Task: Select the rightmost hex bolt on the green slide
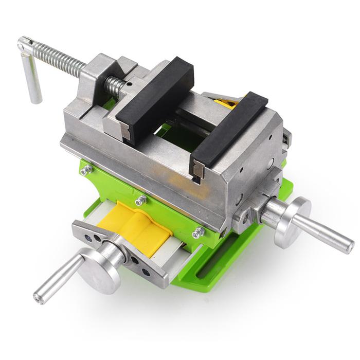click(x=197, y=233)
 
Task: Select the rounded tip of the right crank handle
click(x=350, y=246)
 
